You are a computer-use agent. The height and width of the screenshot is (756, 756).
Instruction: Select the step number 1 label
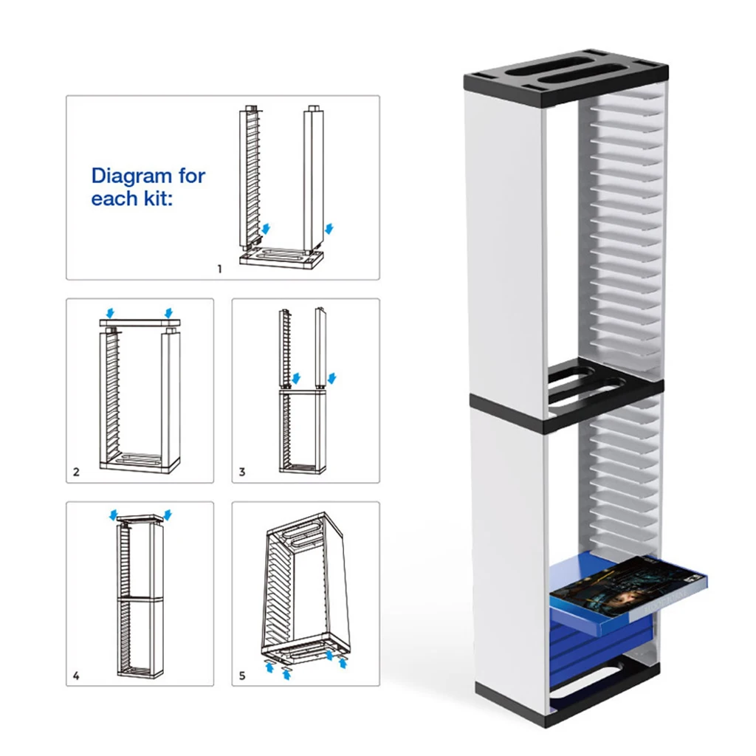point(219,269)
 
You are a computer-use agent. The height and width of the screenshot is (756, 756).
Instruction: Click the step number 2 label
point(76,472)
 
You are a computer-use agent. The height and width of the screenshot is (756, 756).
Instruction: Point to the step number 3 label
point(242,472)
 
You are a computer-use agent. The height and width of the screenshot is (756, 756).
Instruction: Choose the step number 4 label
point(76,676)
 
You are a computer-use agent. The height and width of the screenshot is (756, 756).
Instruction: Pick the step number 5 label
point(242,676)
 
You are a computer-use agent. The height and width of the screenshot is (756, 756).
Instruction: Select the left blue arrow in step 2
point(110,312)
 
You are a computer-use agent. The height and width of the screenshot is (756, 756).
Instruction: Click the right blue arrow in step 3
point(331,378)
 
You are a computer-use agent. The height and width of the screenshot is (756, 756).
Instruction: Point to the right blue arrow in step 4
point(169,514)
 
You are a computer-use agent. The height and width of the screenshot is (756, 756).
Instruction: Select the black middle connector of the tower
point(566,402)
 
